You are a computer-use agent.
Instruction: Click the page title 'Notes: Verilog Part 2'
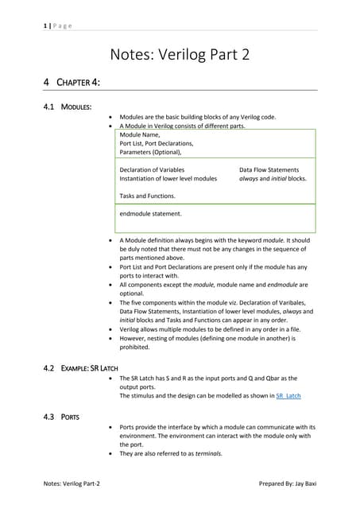180,55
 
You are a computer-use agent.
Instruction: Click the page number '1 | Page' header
58,26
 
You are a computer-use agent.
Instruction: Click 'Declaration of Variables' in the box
152,169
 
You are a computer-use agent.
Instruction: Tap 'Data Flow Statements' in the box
269,169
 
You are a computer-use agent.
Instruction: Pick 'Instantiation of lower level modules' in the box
168,179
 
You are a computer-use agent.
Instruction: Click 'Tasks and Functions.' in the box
147,196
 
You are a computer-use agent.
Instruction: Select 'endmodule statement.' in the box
150,213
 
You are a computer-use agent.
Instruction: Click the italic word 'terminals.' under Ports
206,453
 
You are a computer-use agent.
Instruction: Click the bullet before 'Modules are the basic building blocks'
110,117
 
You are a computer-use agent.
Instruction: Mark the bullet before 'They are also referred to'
110,453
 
